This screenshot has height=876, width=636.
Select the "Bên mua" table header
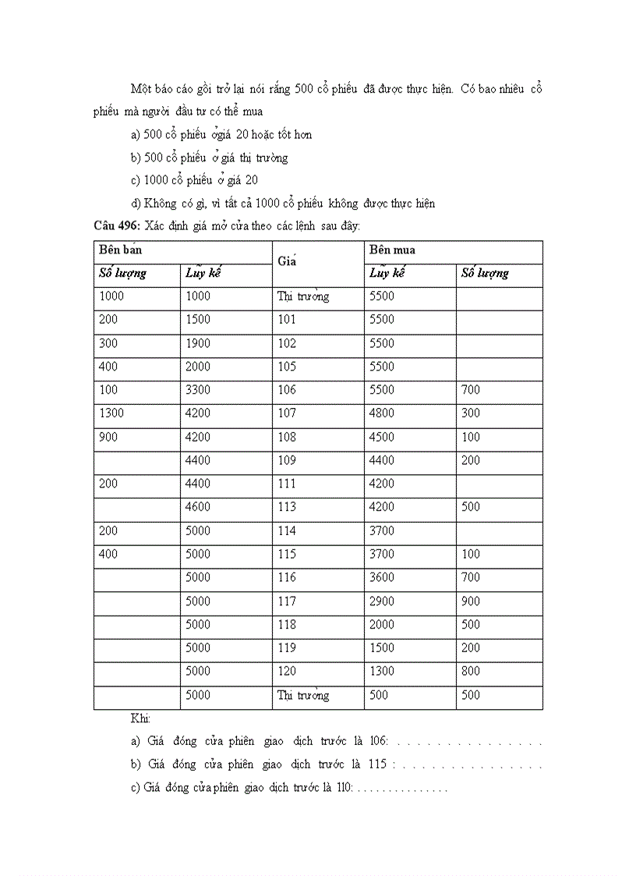[392, 250]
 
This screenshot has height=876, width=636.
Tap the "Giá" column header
[287, 261]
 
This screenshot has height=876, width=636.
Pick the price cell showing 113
[287, 507]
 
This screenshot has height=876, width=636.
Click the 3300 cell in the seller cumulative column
[197, 390]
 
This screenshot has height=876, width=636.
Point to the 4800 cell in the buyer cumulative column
[382, 413]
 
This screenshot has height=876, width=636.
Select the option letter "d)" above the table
[136, 204]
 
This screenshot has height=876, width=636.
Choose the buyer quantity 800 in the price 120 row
[471, 671]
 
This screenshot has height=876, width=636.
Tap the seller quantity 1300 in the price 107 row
[112, 413]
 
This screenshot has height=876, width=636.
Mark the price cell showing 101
[287, 320]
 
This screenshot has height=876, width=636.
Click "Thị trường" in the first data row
[302, 296]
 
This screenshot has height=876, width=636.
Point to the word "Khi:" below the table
[140, 718]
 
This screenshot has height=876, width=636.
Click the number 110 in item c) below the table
[342, 788]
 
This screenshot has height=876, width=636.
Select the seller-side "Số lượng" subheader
[122, 273]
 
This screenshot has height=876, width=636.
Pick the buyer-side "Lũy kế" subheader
[387, 273]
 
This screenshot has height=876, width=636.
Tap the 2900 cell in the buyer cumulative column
[382, 601]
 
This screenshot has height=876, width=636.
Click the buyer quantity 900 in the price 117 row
[471, 601]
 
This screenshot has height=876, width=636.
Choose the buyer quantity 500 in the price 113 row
[471, 507]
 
